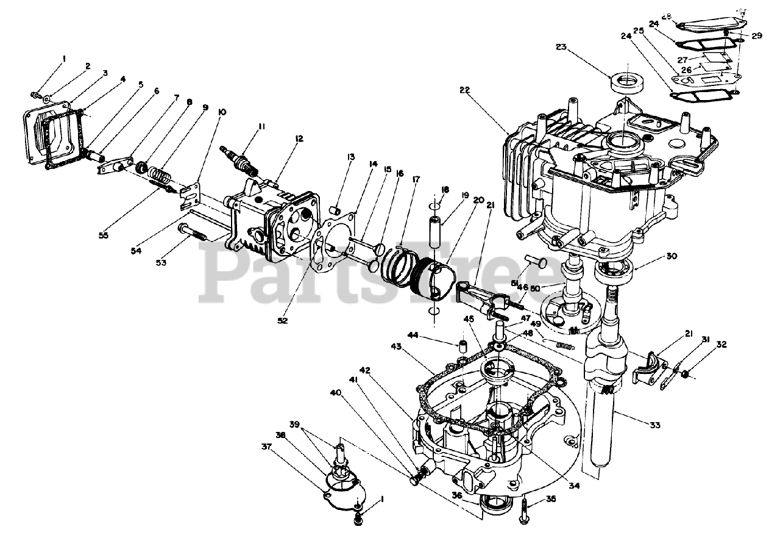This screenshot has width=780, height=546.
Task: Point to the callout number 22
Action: [466, 90]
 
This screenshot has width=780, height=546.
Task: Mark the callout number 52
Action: [282, 320]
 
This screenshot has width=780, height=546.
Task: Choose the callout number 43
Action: [396, 347]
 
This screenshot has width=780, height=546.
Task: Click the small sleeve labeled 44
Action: [463, 347]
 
